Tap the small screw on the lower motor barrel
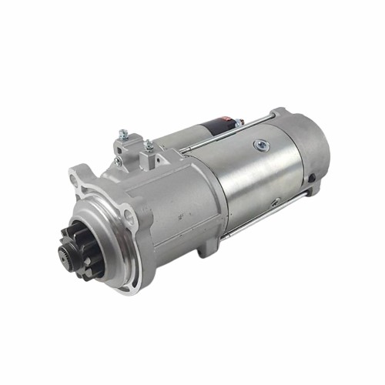coord(275,202)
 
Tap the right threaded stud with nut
coord(148,146)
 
